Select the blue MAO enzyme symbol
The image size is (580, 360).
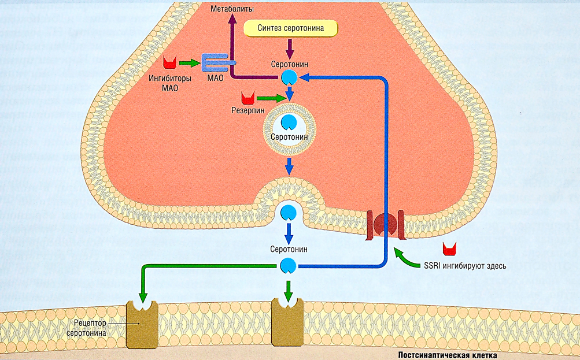217,62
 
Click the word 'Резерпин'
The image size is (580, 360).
249,110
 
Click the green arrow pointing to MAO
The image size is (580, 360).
189,62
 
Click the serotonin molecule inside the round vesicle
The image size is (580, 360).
288,122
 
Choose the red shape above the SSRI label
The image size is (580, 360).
449,249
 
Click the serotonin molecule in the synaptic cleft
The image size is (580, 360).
288,266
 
